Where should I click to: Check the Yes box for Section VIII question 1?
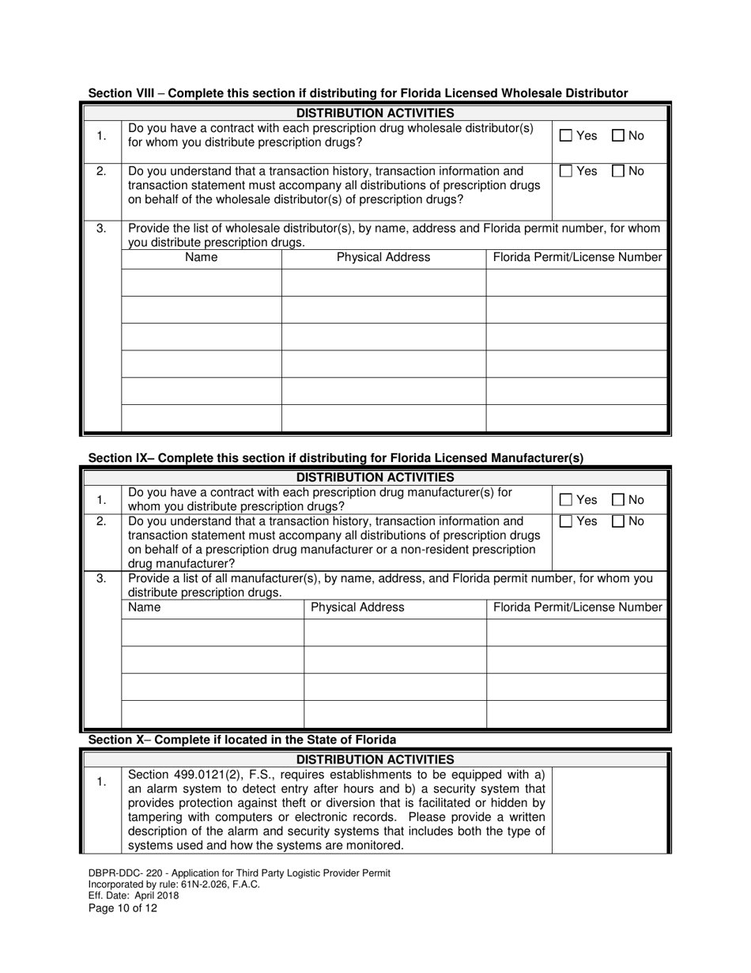(566, 136)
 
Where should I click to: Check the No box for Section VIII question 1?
(618, 136)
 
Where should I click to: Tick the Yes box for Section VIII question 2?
(566, 171)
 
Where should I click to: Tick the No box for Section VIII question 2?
(618, 171)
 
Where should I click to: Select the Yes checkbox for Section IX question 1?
(566, 500)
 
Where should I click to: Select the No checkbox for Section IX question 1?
(618, 500)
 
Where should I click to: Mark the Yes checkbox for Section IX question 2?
(566, 521)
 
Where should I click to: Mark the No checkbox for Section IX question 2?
(618, 521)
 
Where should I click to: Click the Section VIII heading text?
(357, 93)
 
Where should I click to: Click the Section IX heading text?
(335, 457)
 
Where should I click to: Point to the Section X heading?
(242, 740)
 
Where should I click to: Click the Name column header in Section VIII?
(201, 257)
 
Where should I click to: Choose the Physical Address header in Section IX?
(357, 608)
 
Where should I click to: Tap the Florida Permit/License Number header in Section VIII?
(577, 257)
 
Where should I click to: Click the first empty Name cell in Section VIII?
(201, 282)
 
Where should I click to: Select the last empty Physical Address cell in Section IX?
(394, 714)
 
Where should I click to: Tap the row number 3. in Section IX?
(101, 579)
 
